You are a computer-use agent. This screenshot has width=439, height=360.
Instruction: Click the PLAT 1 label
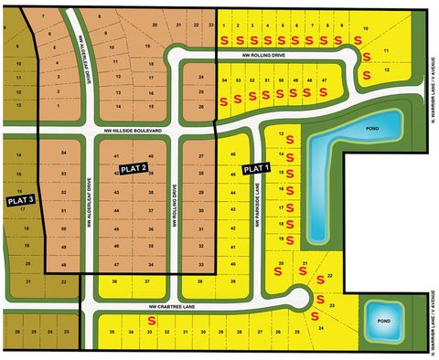255,168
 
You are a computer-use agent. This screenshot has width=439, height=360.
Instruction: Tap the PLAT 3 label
20,199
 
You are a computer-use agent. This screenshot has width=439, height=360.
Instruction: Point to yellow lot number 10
366,29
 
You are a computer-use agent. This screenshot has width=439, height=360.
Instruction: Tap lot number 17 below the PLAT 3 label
21,209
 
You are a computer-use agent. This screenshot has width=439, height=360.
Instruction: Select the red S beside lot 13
290,139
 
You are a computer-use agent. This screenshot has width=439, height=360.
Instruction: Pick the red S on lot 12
367,73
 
